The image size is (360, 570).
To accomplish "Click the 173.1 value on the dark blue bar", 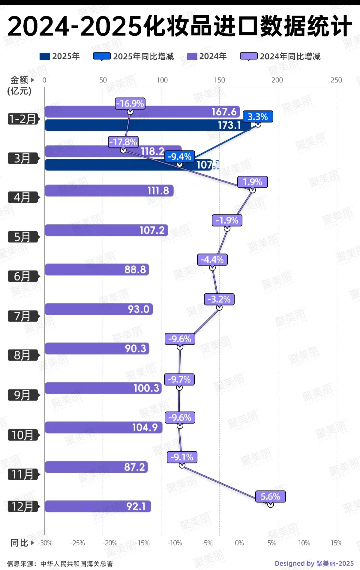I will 229,125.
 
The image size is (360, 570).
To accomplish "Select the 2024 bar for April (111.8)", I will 109,191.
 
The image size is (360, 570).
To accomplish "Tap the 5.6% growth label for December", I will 270,497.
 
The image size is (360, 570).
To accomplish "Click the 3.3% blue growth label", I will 258,117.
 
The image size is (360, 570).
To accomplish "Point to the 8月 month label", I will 23,356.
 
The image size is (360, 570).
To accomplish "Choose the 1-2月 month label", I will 23,119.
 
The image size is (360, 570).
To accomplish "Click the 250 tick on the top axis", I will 336,80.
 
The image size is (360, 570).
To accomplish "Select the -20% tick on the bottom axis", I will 110,543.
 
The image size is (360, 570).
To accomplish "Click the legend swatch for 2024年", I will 192,56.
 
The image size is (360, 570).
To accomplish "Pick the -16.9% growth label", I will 130,104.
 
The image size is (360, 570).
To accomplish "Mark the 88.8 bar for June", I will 97,269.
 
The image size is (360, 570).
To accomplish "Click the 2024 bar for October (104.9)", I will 103,428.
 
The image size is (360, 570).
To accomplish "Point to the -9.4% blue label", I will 179,156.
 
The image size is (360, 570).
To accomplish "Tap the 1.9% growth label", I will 252,182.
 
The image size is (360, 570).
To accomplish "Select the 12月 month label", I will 23,507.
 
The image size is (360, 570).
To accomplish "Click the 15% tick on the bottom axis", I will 336,543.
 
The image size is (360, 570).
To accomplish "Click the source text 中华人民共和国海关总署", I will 77,564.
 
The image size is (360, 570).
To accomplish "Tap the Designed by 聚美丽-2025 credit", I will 314,563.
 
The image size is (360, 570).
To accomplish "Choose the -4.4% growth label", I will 212,259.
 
